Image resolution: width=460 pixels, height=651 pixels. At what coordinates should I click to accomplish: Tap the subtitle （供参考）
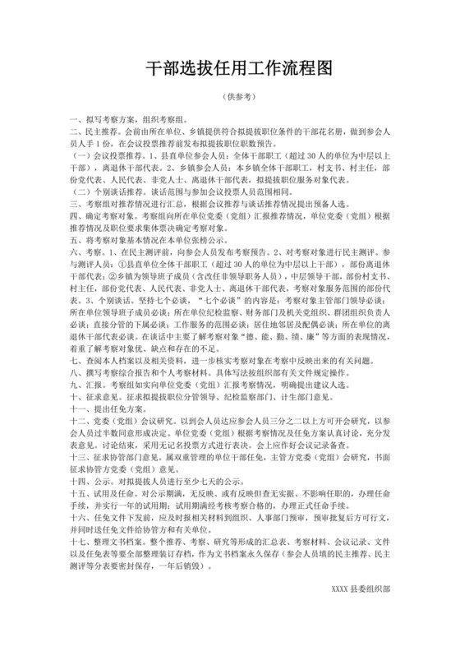click(x=230, y=98)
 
